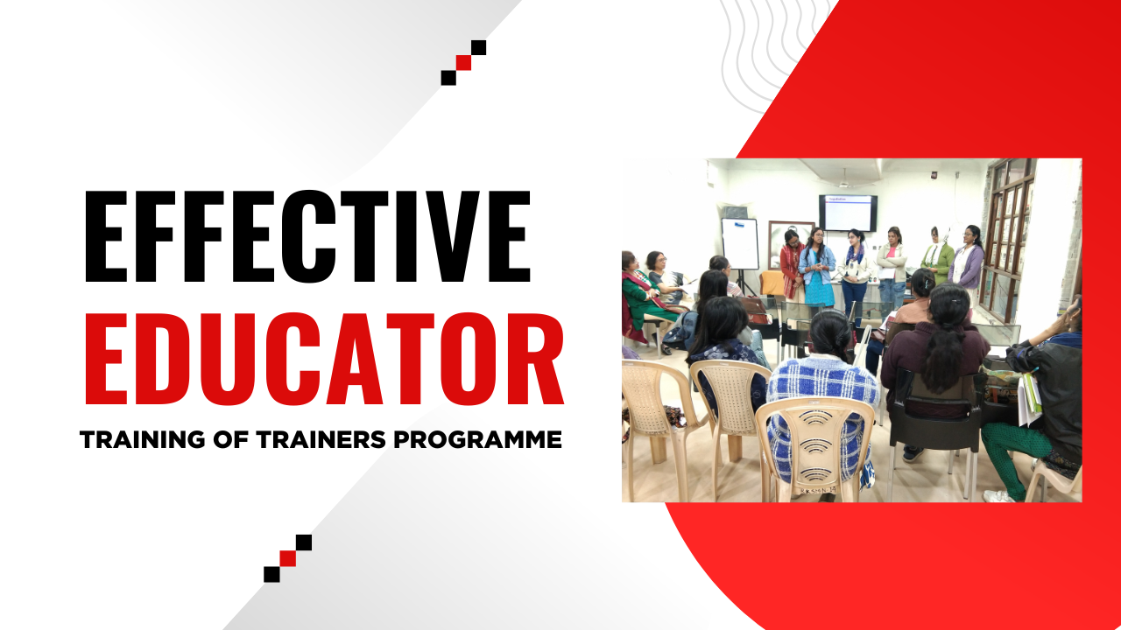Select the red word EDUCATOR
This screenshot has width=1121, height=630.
[x=322, y=361]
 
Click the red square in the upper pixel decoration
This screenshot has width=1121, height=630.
[x=463, y=62]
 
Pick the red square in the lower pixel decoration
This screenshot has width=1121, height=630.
[x=287, y=558]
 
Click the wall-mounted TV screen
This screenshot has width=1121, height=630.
[x=848, y=213]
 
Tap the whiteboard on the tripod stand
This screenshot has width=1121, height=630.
[x=740, y=243]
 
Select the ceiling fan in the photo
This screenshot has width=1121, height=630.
[x=844, y=181]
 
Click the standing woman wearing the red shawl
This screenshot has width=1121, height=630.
[x=791, y=267]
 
